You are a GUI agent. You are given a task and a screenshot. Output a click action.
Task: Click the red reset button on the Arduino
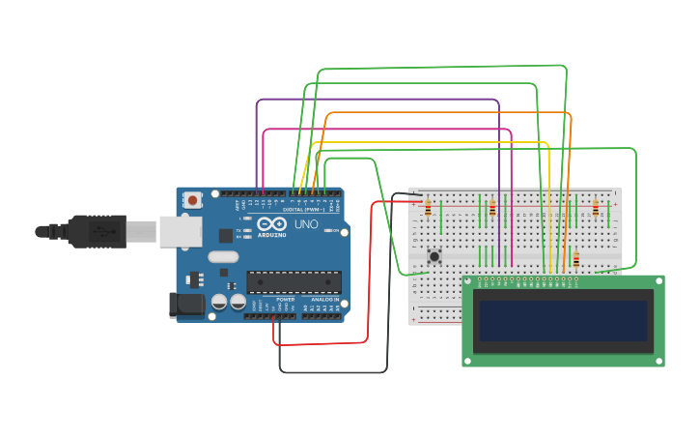coord(193,200)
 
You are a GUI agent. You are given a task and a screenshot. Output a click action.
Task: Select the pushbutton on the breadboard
coord(434,256)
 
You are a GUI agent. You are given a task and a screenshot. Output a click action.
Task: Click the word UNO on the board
coord(306,224)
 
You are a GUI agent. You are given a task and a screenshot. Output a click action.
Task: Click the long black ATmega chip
coord(294,281)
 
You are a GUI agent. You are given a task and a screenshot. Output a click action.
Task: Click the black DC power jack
coord(185,306)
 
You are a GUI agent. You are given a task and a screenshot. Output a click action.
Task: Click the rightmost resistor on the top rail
coord(595,208)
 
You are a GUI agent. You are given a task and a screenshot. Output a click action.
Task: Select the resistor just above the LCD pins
coord(576,259)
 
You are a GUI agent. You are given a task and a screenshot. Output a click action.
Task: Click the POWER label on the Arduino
coord(286,300)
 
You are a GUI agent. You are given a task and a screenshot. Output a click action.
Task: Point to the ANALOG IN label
coord(323,300)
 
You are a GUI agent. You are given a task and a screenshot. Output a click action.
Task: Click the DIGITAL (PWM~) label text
coord(305,209)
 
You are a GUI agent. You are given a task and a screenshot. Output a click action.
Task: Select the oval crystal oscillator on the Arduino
coord(221,257)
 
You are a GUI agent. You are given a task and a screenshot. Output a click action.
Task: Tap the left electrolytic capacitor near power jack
coord(219,303)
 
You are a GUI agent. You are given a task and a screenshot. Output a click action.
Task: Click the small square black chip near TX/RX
coord(225,235)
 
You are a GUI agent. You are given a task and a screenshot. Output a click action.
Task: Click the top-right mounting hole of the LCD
coord(658,281)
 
